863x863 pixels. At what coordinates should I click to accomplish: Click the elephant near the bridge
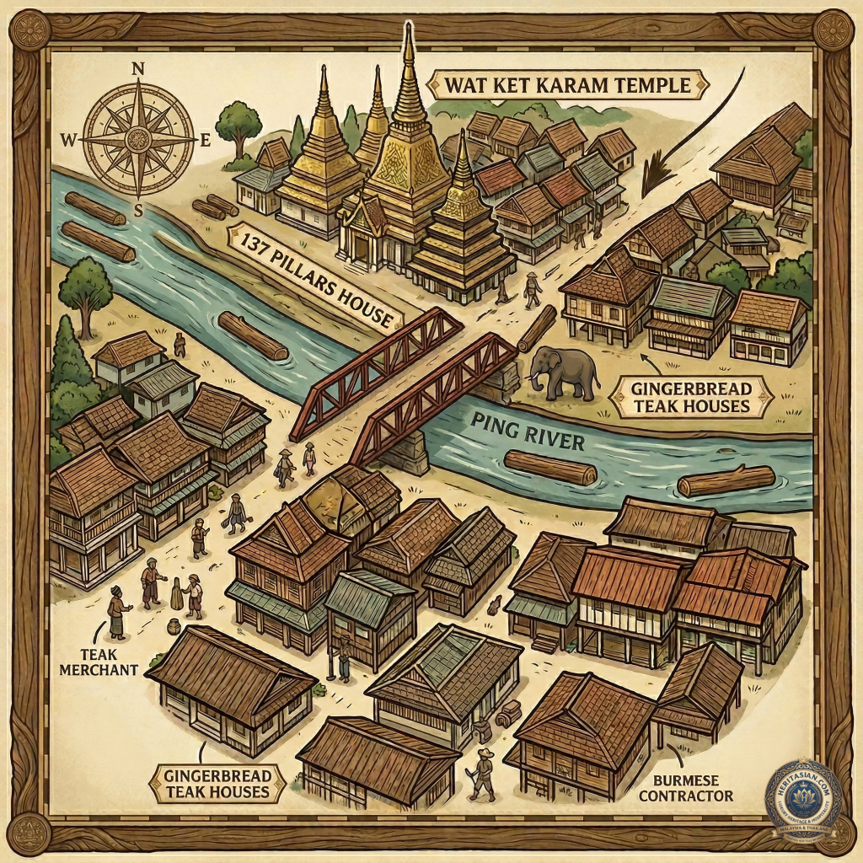click(560, 371)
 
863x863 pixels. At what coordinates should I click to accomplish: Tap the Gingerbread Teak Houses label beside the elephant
click(689, 397)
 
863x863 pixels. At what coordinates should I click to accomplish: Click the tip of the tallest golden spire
click(408, 29)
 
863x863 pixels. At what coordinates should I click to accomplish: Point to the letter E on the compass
click(204, 142)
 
